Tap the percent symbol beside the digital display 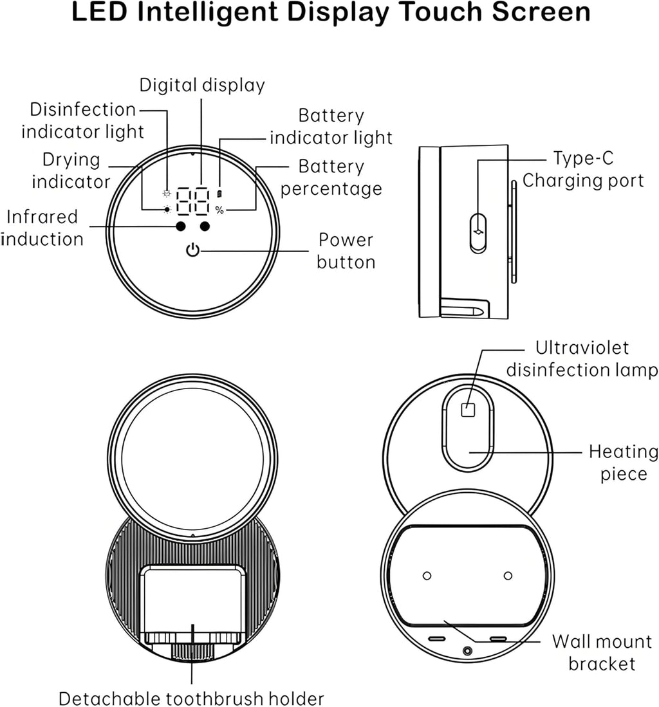(219, 210)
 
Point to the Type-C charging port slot (478, 232)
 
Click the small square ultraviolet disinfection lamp (468, 409)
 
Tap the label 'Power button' (346, 251)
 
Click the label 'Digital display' (202, 85)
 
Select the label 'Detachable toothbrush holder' (191, 697)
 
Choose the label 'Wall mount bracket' (602, 652)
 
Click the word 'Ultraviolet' (582, 348)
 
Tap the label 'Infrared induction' (42, 228)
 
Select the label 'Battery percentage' (331, 178)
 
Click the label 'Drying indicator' (71, 170)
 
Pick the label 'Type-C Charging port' (583, 169)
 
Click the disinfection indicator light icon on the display (167, 193)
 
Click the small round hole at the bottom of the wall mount (467, 651)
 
